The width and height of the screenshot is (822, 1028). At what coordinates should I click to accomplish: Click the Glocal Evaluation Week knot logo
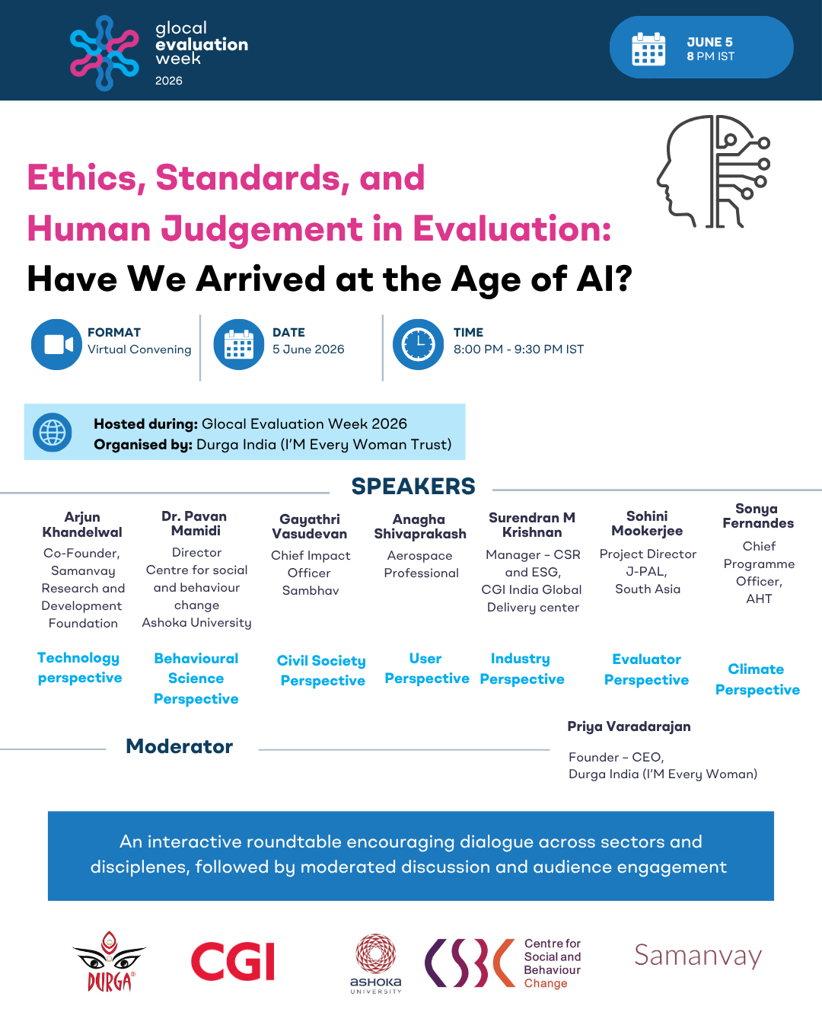point(104,53)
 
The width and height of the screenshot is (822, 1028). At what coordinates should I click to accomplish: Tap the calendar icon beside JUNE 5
point(648,49)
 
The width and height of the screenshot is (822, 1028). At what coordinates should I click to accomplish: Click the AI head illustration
point(713,171)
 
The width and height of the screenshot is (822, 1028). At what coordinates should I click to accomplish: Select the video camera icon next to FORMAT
point(56,344)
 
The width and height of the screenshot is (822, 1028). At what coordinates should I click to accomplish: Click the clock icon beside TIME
point(418,344)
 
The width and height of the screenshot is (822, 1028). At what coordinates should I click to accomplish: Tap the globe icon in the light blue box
point(52,433)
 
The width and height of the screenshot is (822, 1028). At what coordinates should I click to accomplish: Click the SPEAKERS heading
point(413,487)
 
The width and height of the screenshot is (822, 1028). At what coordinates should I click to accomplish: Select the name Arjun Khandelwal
point(82,525)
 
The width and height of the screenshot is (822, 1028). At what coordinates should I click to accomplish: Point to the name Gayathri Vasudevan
point(310,526)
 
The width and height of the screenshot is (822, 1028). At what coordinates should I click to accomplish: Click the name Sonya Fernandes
point(758,516)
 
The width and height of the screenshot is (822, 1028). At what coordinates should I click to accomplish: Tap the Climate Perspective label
point(757,679)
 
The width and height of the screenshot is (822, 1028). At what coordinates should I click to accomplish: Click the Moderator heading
point(179,746)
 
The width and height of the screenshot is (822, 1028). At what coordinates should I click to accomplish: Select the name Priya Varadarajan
point(629,726)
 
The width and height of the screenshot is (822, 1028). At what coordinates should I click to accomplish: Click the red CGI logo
point(233,961)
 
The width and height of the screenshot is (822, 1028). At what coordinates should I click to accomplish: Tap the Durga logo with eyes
point(109,961)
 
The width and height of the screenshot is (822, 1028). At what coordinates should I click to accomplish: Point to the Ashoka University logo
point(376,964)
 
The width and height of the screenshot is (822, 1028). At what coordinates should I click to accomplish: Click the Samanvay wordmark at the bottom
point(698,956)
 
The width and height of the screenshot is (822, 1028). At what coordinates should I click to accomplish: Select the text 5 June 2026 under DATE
point(308,350)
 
